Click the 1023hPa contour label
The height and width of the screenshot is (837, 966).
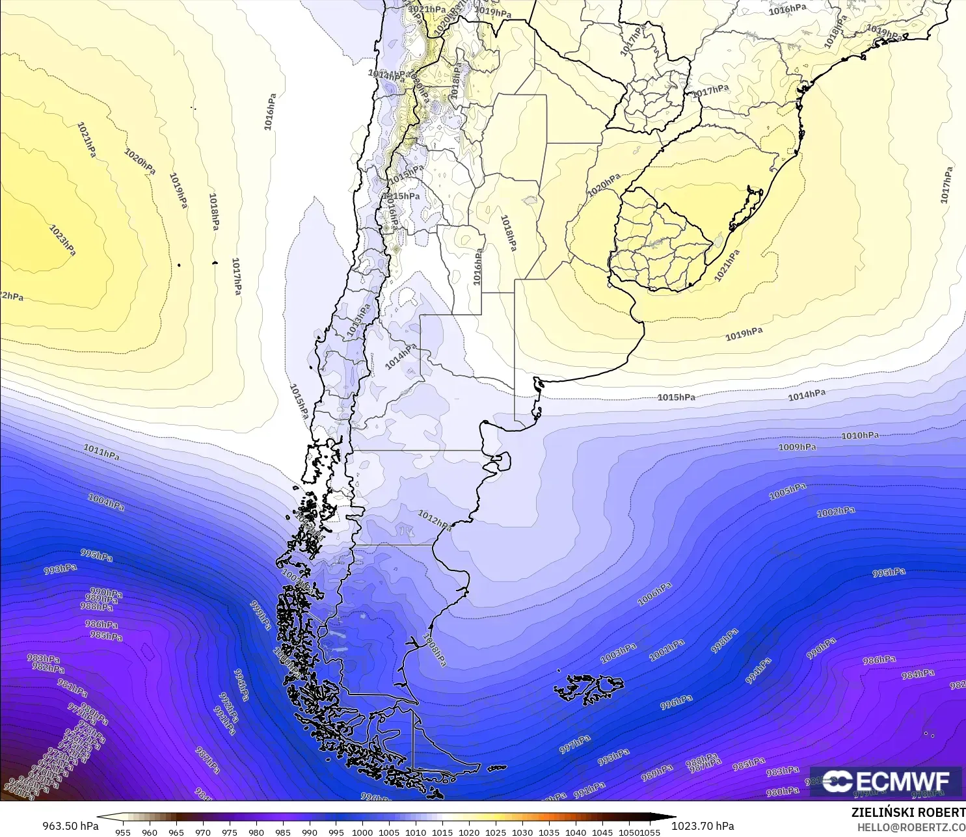(x=62, y=240)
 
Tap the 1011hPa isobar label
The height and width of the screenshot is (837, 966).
(x=101, y=451)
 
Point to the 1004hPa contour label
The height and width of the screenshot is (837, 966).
(x=106, y=502)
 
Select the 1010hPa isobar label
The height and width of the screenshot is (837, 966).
(x=859, y=436)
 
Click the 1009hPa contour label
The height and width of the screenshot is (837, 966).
(x=797, y=447)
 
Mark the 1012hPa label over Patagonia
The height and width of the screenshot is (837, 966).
(x=434, y=520)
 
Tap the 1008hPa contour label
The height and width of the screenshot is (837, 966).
(x=435, y=648)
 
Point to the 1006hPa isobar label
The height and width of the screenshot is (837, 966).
(x=654, y=594)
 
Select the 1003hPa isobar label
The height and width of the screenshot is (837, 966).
(x=618, y=653)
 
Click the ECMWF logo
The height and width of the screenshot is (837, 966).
(x=886, y=781)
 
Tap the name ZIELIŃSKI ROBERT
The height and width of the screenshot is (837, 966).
(x=908, y=812)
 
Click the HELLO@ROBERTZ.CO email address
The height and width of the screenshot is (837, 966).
(x=911, y=827)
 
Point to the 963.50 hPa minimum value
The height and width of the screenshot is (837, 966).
(x=70, y=826)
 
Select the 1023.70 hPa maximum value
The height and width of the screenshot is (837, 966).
(x=703, y=826)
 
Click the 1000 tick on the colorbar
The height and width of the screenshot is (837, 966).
(x=362, y=832)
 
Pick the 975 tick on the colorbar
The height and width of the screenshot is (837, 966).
(x=229, y=832)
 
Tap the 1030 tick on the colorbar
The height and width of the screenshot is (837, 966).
(x=522, y=832)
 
